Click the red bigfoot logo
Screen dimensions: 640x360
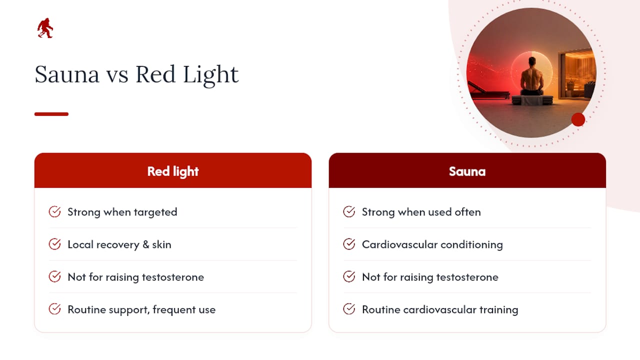point(45,28)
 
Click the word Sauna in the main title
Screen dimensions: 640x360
point(67,74)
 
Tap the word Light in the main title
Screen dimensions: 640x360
point(210,75)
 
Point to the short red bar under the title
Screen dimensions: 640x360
point(51,114)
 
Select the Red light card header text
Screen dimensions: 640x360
point(173,171)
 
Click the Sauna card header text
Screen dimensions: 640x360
point(467,171)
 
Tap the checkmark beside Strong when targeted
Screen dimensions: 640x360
point(54,211)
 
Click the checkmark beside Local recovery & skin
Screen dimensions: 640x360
point(54,244)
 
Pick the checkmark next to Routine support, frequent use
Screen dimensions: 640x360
point(54,309)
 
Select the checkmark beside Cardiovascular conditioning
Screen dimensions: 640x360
point(349,244)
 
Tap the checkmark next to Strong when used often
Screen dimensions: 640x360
point(349,211)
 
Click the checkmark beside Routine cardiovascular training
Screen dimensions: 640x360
point(349,309)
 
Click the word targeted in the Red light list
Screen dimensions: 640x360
point(155,212)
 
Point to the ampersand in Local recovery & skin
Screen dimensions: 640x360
point(146,244)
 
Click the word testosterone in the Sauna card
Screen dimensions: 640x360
point(467,277)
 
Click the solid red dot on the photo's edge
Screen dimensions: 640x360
point(578,119)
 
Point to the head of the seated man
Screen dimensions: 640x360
point(532,61)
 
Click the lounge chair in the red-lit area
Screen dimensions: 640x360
point(488,92)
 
